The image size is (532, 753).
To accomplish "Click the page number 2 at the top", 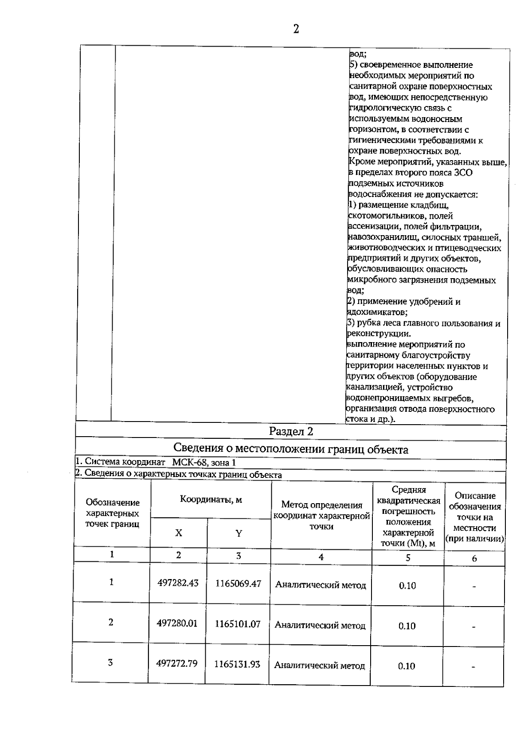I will tap(296, 29).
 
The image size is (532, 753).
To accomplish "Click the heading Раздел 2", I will tap(291, 431).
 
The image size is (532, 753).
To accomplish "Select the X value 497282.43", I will tap(178, 583).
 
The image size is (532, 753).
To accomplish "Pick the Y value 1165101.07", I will tap(238, 624).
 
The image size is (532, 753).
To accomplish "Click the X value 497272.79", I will tap(177, 664).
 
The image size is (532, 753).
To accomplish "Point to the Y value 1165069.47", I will tap(238, 583).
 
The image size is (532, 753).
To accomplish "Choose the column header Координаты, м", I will tap(211, 500).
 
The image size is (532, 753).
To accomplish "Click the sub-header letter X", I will tap(179, 533).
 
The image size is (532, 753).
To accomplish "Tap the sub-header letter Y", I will tap(239, 533).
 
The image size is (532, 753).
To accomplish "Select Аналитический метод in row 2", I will tap(320, 625).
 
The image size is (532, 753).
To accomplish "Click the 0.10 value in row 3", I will tap(407, 666).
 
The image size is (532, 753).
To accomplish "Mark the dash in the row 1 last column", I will tap(474, 587).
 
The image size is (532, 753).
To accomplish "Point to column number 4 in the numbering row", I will tap(321, 557).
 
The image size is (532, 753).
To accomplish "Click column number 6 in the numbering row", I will tap(474, 559).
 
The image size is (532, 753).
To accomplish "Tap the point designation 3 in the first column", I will tap(110, 662).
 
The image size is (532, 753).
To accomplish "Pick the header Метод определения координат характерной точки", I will tap(322, 516).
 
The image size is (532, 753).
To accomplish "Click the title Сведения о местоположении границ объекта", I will tap(291, 449).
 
